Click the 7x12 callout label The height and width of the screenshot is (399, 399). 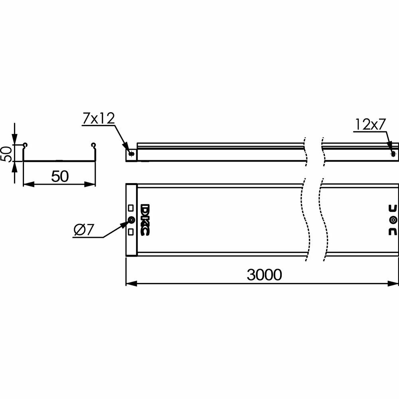pos(99,119)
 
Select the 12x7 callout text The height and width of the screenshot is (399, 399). pos(370,124)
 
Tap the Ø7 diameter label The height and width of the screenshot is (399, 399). pos(84,230)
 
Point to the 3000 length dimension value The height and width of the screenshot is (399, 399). pos(265,275)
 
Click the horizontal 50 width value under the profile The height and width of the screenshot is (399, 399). pos(60,176)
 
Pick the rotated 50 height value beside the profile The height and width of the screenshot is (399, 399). pos(6,154)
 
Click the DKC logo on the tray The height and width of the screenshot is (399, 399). pos(145,220)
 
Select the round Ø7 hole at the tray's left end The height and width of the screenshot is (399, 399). pos(132,220)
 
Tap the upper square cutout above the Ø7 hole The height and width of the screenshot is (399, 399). pos(131,208)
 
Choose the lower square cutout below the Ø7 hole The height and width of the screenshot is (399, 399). pos(131,231)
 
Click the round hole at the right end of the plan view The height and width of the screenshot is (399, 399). pos(393,220)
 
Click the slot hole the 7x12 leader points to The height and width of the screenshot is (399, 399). pos(131,154)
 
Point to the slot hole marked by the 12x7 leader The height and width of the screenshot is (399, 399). pos(393,154)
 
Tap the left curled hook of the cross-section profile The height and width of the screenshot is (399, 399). pos(25,145)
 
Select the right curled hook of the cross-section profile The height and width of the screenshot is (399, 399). pos(93,145)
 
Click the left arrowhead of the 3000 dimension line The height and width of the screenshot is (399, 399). pos(131,284)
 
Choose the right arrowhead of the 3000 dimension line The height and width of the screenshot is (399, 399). pos(393,284)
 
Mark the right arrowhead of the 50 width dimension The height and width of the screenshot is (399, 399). pos(90,184)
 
